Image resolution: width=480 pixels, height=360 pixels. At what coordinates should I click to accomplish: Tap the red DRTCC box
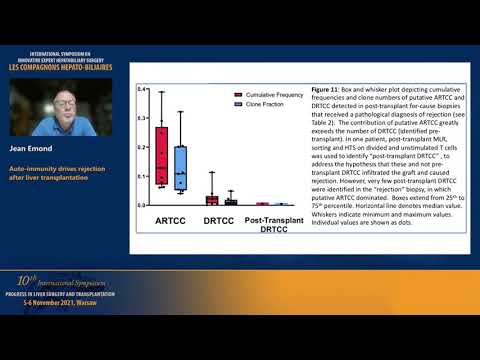(x=211, y=200)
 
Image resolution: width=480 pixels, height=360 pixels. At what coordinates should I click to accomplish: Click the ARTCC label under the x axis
(x=171, y=220)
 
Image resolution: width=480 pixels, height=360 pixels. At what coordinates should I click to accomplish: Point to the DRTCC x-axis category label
(x=220, y=220)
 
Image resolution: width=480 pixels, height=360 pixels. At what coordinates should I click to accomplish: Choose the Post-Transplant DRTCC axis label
(x=272, y=224)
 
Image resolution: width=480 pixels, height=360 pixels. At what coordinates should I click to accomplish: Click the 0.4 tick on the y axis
(x=143, y=90)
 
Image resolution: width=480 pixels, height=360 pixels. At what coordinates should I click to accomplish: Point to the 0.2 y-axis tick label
(x=143, y=147)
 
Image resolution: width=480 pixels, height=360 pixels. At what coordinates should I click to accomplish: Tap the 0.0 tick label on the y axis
(x=143, y=205)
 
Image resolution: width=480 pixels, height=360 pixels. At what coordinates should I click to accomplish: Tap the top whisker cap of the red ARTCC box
(x=161, y=92)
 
